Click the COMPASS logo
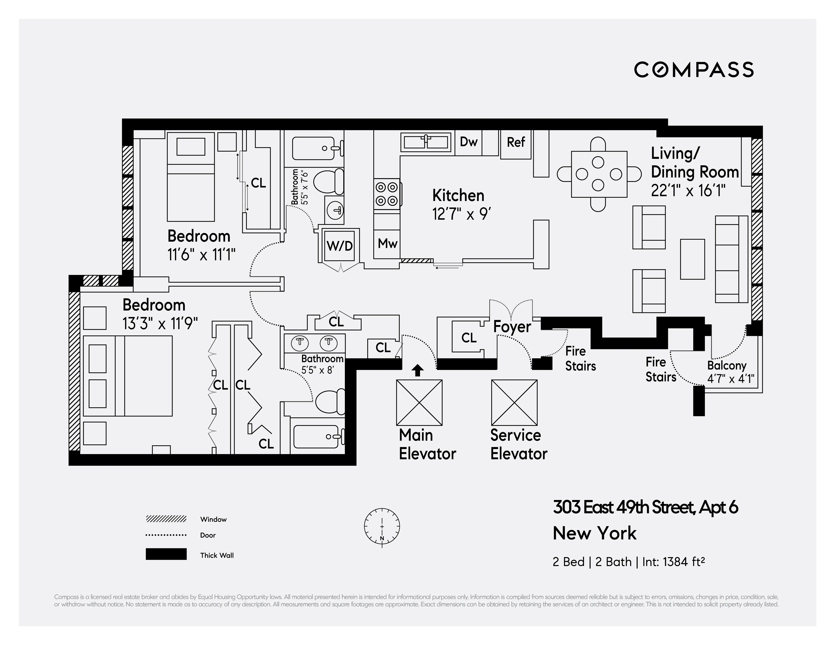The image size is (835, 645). tap(693, 70)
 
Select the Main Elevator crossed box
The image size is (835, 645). tap(419, 402)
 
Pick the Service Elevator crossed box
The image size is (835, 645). tap(514, 402)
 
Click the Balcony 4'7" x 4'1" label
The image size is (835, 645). tap(730, 372)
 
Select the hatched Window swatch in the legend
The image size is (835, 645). tap(166, 519)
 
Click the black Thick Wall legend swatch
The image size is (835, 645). tap(166, 554)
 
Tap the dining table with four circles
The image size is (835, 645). tap(599, 174)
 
